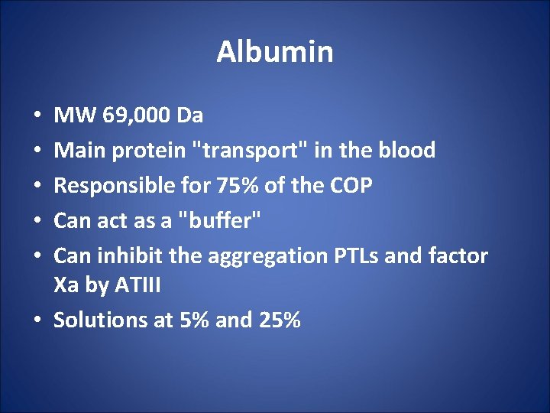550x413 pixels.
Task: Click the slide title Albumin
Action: (275, 52)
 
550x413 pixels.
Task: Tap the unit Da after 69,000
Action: (189, 116)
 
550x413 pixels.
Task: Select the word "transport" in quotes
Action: (244, 151)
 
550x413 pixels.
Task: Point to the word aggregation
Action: (265, 256)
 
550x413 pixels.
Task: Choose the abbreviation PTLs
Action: (359, 255)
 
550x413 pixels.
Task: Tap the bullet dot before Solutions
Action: (38, 320)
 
